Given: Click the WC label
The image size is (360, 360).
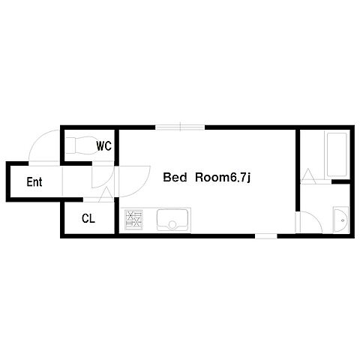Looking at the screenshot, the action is coord(103,145).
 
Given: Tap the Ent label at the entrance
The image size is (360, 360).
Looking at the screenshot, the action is coord(34,181).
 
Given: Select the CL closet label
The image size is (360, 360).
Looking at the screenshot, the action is coord(88,218).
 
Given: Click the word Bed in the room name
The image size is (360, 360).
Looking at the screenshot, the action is coord(175,177).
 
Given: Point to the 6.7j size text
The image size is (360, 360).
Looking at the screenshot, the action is coord(239,178).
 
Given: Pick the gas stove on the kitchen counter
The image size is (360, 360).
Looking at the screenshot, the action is coord(133,219).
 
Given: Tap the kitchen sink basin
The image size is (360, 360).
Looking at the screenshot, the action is coord(172,220).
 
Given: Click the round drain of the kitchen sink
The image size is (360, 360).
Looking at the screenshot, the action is coord(172,225).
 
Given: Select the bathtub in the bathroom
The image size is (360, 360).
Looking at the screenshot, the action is coord(336,154).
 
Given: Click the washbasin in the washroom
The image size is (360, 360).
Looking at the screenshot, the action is coord(340,220).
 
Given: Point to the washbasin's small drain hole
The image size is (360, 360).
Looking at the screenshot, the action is coord(343,220).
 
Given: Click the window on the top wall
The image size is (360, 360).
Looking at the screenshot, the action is coord(180,127).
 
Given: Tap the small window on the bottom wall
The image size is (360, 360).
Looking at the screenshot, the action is coord(266,236).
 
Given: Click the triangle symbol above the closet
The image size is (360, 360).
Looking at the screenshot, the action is coord(106,194).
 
